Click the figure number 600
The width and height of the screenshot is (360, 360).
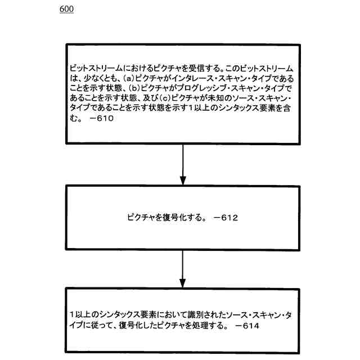65,10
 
